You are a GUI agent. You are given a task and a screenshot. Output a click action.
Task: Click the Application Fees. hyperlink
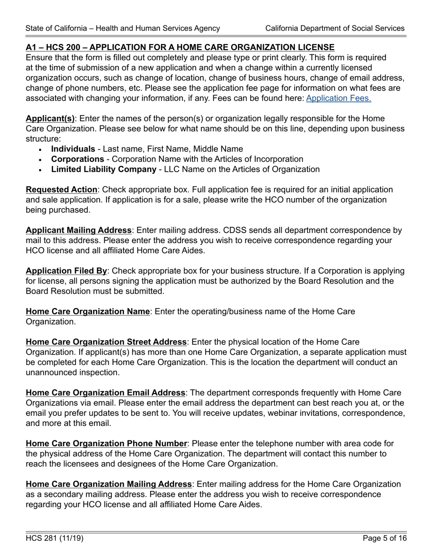coord(338,98)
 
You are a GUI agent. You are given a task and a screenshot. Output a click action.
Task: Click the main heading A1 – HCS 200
coord(180,47)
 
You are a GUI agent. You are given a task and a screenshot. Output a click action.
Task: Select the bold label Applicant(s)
coord(50,119)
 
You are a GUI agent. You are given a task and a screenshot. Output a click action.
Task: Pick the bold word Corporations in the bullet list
coord(77,159)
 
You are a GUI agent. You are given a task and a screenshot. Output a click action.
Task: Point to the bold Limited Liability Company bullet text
coord(104,170)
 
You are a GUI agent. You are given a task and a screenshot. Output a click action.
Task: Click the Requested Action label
coord(61,190)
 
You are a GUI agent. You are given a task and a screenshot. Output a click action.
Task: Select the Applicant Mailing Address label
coord(79,230)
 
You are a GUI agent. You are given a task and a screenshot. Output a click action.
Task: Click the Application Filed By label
coord(66,271)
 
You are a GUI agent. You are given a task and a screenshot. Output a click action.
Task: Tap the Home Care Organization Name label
coord(87,312)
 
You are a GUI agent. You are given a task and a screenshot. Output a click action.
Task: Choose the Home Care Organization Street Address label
coord(106,342)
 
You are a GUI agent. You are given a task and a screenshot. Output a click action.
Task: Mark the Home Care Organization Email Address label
coord(105,393)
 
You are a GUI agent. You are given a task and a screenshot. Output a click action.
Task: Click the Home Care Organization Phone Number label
coord(106,444)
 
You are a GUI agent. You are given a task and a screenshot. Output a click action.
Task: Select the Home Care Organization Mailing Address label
coord(109,484)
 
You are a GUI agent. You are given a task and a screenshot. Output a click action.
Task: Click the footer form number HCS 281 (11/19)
coord(55,539)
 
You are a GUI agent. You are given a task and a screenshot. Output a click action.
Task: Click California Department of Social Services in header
coord(335,28)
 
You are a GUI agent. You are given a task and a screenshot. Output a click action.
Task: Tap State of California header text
coord(123,28)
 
